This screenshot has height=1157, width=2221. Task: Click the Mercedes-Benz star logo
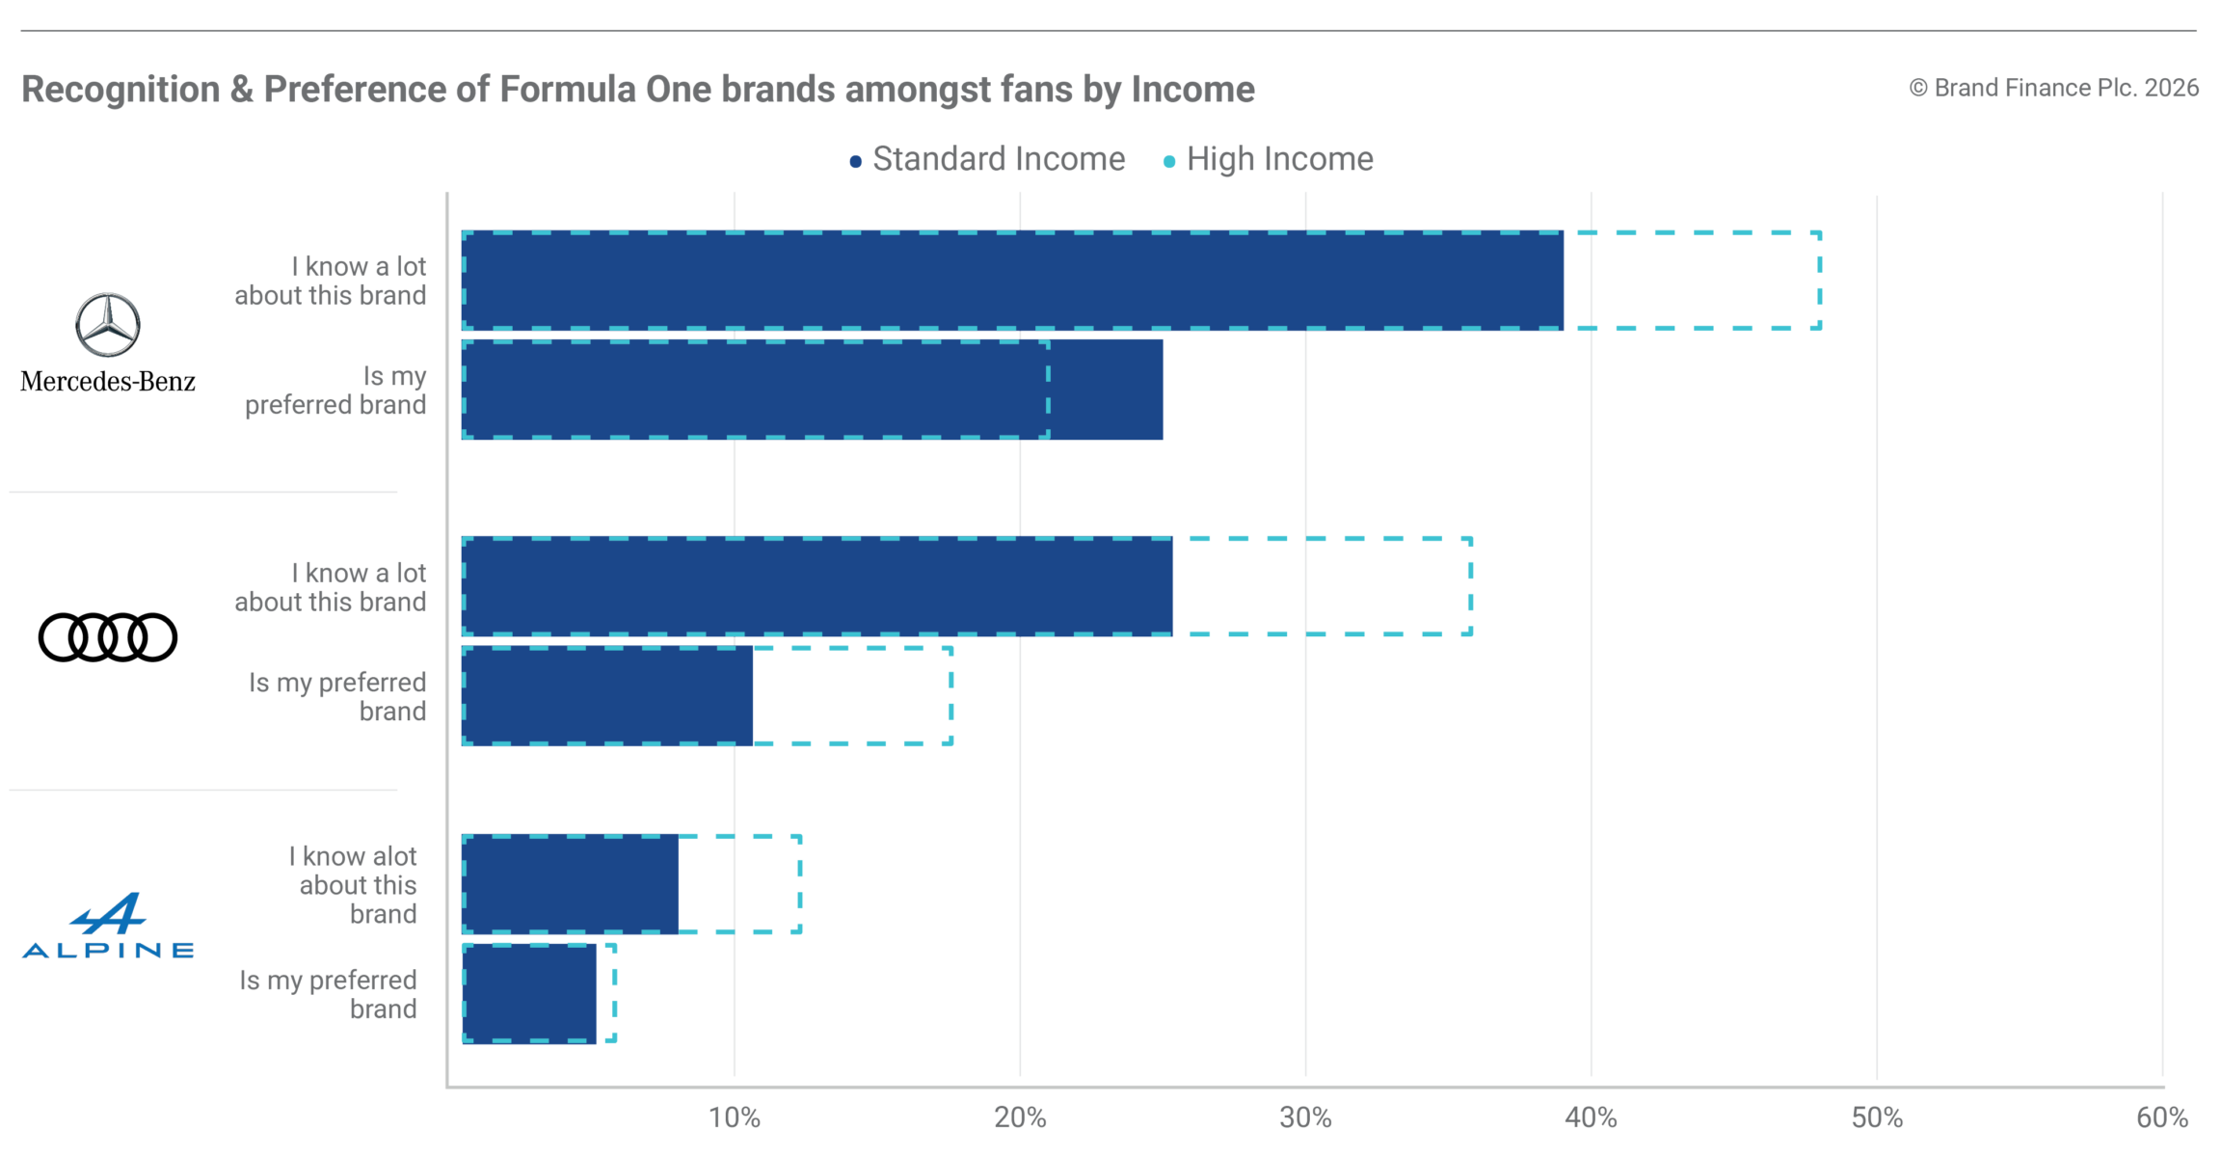tap(108, 325)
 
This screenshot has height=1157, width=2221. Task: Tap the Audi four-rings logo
tap(108, 637)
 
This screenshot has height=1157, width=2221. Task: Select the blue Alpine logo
tap(108, 926)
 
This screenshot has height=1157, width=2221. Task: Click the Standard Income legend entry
tap(987, 159)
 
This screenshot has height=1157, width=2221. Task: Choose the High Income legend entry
tap(1269, 159)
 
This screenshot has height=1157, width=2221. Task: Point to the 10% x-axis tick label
tap(735, 1117)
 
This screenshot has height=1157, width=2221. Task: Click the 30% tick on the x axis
tap(1306, 1117)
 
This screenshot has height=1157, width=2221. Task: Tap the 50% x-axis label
tap(1877, 1117)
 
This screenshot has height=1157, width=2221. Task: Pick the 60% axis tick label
tap(2162, 1117)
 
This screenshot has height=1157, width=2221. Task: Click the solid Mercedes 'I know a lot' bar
tap(1012, 281)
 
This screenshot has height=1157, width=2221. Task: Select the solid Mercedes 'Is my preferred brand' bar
tap(812, 390)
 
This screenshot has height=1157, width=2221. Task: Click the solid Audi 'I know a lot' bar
tap(817, 586)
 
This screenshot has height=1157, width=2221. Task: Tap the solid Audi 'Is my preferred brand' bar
tap(607, 695)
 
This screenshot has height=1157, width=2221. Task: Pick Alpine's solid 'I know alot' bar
tap(570, 884)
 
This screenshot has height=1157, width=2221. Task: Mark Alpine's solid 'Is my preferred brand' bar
tap(529, 993)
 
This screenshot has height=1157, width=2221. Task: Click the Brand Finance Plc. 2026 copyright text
tap(2054, 88)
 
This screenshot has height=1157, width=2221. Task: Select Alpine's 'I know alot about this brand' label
tap(353, 885)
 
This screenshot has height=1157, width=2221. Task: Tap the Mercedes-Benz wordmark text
tap(108, 382)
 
